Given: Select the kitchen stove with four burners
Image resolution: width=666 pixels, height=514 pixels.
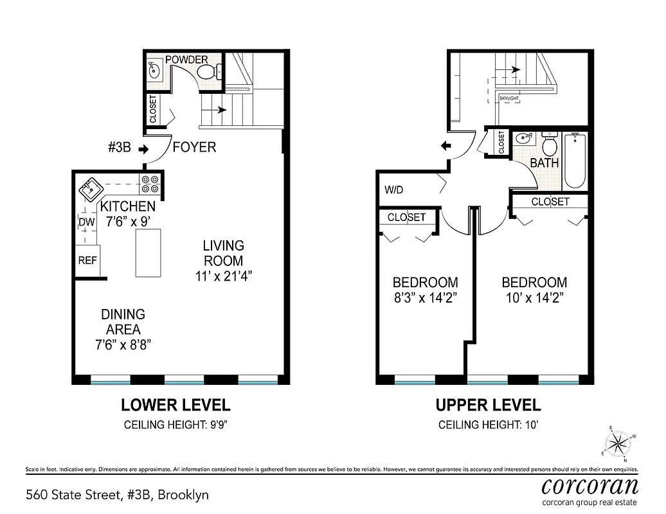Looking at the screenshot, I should [150, 184].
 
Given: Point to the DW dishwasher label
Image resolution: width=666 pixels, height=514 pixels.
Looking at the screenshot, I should [87, 222].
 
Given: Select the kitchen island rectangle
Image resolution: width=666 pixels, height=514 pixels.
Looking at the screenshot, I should [148, 254].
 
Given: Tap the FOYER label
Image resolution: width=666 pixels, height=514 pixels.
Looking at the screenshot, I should [194, 148].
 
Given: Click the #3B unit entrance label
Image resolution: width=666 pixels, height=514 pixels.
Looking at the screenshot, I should [119, 148].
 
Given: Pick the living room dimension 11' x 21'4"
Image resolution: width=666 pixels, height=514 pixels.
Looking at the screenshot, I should [224, 276].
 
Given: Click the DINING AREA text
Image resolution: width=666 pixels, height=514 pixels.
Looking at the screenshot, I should [123, 322].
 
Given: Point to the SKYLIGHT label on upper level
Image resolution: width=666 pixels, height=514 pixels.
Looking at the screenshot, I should [512, 99].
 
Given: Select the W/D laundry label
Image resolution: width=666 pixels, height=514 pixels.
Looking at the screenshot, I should [394, 190].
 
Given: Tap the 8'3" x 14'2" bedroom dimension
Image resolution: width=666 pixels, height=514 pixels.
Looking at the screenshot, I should [426, 297].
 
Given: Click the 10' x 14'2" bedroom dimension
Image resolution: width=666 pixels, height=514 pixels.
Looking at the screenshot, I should [534, 297].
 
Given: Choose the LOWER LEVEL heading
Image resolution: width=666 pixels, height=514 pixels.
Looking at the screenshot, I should [175, 405].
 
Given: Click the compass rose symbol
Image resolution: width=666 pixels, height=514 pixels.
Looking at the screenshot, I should [619, 442].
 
